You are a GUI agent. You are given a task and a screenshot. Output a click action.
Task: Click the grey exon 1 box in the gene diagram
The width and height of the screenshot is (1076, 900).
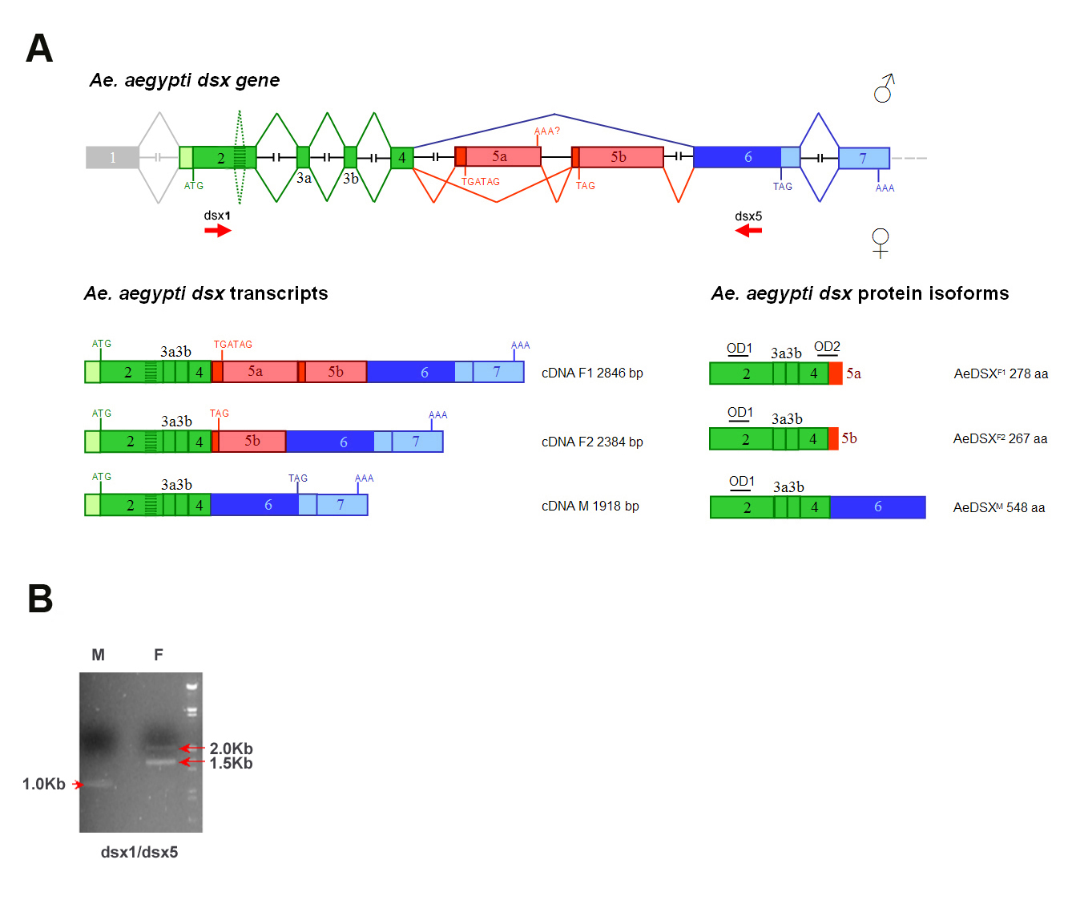[112, 157]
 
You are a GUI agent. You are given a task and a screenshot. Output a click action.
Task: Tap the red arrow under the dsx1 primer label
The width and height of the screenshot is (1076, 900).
[218, 231]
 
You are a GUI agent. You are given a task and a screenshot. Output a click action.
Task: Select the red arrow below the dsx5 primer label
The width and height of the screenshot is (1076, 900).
[748, 231]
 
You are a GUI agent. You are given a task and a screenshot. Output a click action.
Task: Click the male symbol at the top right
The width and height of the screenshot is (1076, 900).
[884, 88]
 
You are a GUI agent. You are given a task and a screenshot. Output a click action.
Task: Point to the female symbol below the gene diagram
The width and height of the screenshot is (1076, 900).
[881, 243]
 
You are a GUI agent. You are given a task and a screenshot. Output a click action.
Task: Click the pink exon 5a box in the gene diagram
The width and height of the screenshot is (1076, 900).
[498, 157]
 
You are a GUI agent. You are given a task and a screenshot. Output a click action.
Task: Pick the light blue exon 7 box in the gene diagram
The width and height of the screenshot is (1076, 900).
[864, 158]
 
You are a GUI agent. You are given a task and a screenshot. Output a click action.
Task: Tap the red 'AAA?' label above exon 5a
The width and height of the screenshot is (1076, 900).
[546, 131]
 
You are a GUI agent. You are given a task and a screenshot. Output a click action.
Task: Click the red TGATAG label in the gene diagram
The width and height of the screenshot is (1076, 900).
[480, 181]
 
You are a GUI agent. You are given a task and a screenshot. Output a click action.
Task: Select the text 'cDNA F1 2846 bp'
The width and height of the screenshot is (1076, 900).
[592, 373]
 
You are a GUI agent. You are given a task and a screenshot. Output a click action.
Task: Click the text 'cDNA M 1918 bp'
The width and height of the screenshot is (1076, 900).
[590, 506]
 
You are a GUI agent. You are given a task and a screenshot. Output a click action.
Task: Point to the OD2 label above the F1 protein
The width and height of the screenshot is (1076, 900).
[827, 347]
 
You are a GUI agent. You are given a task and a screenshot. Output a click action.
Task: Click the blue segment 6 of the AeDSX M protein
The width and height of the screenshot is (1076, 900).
[877, 507]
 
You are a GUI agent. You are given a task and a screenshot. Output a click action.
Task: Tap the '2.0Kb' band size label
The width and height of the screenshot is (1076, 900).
[231, 748]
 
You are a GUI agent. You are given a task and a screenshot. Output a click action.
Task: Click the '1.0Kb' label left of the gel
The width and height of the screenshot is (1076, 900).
[44, 784]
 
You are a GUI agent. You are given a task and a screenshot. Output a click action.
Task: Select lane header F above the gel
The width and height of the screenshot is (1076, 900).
[158, 655]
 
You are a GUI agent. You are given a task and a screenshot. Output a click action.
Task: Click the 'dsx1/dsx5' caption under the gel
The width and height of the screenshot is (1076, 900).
[139, 852]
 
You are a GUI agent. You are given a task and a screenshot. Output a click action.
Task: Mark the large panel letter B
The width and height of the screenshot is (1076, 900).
[40, 599]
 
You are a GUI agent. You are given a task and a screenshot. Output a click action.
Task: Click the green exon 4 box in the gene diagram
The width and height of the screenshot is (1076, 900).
[402, 158]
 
